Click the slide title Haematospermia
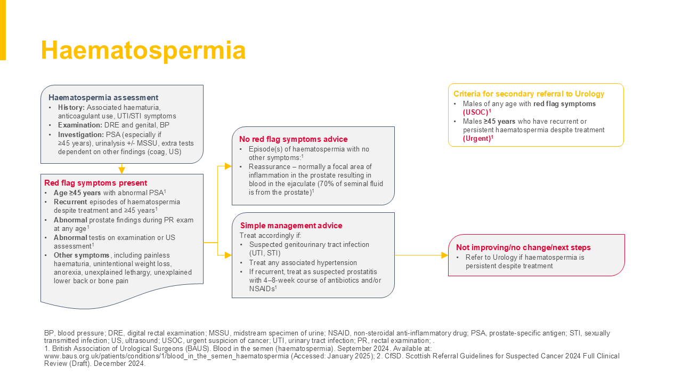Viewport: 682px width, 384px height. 143,51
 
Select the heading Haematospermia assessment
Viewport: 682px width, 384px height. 103,98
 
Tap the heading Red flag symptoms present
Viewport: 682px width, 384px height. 95,182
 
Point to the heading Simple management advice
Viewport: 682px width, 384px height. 291,226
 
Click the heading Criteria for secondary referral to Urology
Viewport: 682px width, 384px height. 529,94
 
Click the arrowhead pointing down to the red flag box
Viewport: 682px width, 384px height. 121,170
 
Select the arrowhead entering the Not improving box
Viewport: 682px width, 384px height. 444,255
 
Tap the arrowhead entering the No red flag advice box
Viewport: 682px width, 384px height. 228,166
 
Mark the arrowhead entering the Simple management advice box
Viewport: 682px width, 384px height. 228,255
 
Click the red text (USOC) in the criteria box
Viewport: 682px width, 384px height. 476,112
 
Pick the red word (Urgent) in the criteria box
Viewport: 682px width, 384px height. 477,138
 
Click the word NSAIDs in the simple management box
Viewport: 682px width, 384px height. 262,289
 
